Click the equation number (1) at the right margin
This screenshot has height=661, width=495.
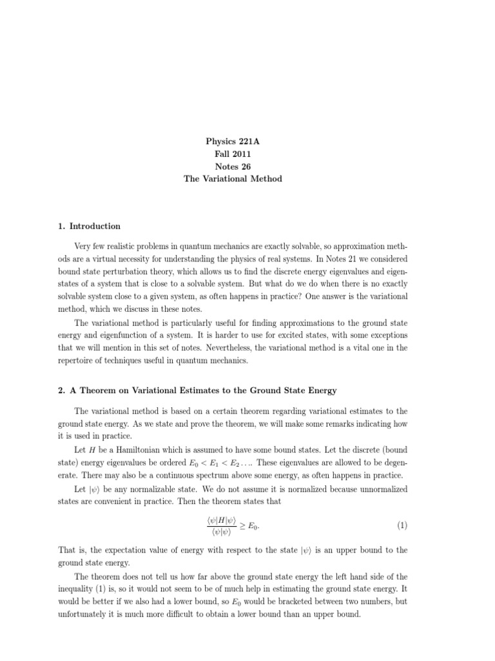point(402,525)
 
